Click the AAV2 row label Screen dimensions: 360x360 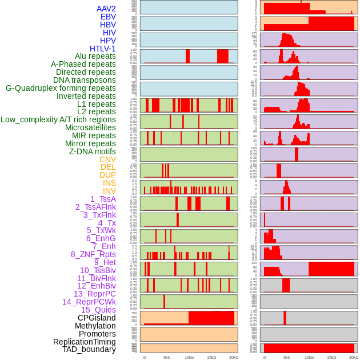[106, 9]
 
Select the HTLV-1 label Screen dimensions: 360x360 [103, 49]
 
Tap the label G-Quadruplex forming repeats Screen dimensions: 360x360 [61, 88]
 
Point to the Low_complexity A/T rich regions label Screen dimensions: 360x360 [58, 119]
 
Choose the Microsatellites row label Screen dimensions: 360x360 [90, 127]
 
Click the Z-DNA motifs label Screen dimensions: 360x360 [93, 151]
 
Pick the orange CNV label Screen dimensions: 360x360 [107, 159]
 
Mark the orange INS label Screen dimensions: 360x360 [109, 183]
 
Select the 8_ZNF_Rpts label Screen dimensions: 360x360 [93, 254]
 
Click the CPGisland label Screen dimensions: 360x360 [97, 318]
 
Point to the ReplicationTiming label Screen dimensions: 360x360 [84, 342]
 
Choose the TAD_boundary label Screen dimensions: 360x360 [89, 349]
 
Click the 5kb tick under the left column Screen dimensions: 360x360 [167, 357]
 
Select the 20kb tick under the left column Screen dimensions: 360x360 [233, 357]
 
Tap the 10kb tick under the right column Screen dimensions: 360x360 [309, 357]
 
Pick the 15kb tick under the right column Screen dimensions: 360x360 [331, 357]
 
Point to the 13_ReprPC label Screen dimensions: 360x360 [95, 294]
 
